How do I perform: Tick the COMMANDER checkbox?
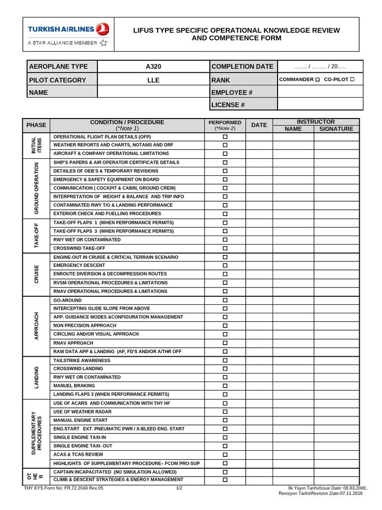tap(317, 80)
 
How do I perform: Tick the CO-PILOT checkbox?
tap(352, 80)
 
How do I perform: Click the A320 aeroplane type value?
tap(153, 67)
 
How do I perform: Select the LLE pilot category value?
tap(153, 80)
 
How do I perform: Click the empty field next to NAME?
tap(153, 92)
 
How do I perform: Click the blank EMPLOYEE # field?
tap(320, 92)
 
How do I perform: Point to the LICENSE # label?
tap(228, 105)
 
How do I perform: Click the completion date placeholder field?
tap(320, 67)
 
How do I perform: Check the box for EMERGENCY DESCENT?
tap(225, 265)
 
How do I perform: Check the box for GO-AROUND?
tap(225, 300)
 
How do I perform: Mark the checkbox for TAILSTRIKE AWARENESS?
tap(225, 360)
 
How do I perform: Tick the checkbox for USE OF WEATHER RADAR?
tap(225, 412)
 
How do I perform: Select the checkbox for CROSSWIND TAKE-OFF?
tap(225, 248)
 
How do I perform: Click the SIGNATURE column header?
tap(336, 128)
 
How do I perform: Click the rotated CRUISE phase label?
tap(36, 274)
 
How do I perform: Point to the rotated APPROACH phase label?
tap(36, 326)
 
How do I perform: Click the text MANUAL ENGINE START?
tap(80, 420)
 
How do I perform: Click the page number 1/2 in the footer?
tap(179, 488)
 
